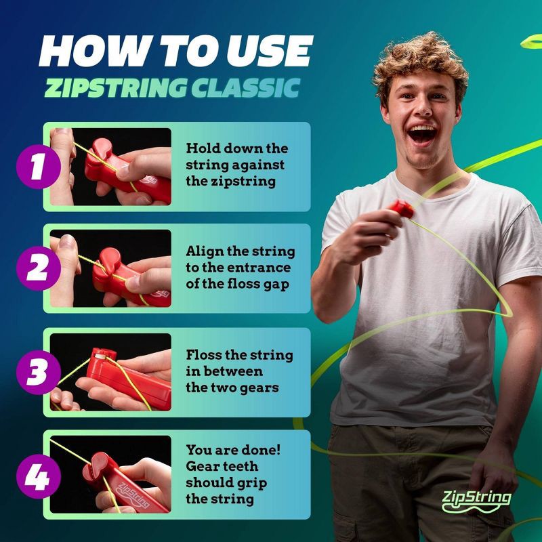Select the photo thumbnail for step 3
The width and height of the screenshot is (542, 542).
coord(111,371)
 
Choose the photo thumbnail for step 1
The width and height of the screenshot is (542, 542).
coord(111,167)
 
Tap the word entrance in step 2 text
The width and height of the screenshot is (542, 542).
coord(259,268)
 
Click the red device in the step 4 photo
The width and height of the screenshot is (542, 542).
coord(129,484)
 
